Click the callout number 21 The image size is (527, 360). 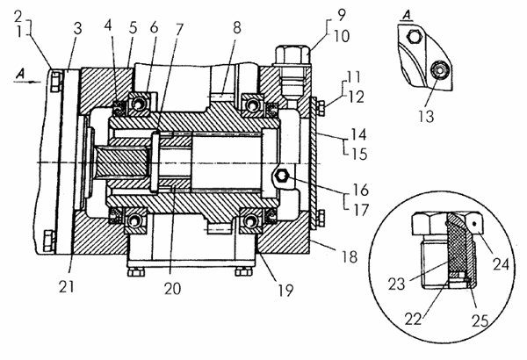[x=66, y=287]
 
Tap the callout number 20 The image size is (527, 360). [x=172, y=288]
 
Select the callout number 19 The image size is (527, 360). [x=285, y=291]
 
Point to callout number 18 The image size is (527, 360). [x=350, y=257]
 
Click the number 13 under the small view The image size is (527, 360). [x=426, y=116]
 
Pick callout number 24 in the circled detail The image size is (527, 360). [x=502, y=263]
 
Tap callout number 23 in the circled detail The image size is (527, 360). [x=397, y=284]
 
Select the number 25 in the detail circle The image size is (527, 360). [x=480, y=321]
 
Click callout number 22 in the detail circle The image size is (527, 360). [x=413, y=319]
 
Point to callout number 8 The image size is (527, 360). [x=237, y=27]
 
